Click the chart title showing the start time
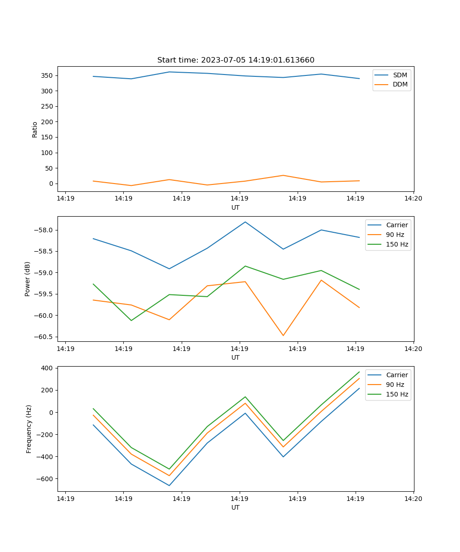pos(236,60)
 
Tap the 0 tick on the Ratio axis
pos(51,184)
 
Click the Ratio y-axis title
pos(35,129)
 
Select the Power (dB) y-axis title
pos(28,279)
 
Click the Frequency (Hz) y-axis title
pos(29,429)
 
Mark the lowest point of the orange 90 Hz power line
pos(283,335)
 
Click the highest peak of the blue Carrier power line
pos(245,222)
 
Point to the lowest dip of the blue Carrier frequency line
pos(169,485)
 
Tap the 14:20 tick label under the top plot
pos(413,199)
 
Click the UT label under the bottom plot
pos(236,507)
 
